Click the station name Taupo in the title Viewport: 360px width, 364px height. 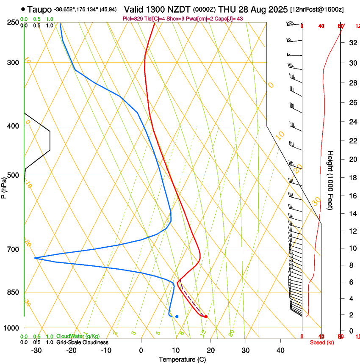tap(40, 9)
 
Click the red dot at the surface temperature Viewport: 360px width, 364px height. tap(206, 317)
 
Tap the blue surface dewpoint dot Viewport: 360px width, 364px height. tap(177, 317)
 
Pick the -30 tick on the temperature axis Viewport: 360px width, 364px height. tap(36, 350)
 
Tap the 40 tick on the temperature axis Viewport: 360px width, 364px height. tap(280, 350)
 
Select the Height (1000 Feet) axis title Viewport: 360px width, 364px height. tap(330, 180)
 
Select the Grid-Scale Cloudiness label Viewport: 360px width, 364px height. tap(82, 342)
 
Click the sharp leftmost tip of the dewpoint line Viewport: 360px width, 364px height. tap(34, 258)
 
